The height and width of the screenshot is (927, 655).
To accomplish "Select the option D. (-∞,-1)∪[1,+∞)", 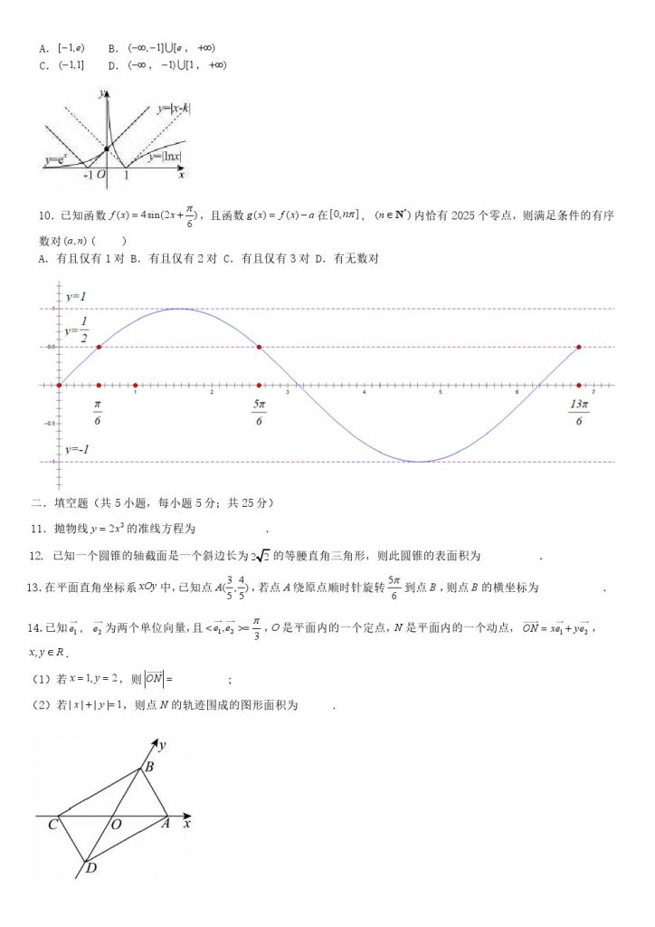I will tap(166, 65).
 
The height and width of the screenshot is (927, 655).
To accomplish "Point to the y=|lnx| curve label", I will tap(165, 156).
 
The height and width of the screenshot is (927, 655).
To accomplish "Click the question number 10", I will tap(44, 215).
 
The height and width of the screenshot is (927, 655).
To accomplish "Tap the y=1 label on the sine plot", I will tap(75, 297).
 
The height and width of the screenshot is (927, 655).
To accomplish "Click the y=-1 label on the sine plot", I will tap(76, 450).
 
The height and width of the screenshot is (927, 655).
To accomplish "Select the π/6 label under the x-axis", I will tap(98, 412).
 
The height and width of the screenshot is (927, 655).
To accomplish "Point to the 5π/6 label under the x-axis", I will tap(259, 412).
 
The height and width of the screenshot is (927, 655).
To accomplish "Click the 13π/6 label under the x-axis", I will tap(579, 412).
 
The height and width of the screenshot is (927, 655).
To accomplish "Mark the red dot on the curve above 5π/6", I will tap(260, 347).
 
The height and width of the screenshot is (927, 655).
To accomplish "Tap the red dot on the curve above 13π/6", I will tap(579, 347).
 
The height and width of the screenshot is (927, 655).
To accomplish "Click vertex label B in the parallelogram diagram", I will tap(149, 768).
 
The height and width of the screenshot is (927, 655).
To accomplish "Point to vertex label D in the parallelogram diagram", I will tap(90, 868).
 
